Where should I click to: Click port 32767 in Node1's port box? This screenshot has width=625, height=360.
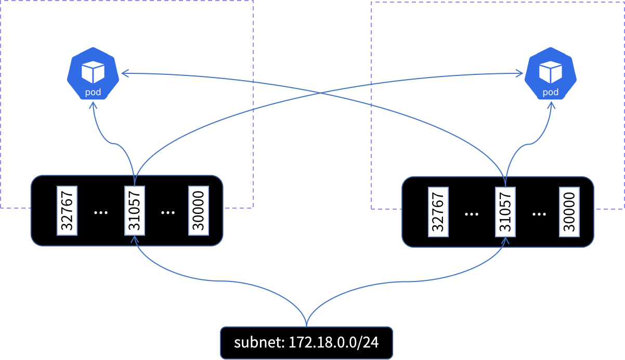coord(67,210)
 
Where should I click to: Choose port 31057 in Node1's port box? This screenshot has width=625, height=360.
coord(135,210)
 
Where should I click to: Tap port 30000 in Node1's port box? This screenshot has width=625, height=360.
coord(198,210)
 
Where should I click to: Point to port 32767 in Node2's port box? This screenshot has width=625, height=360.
coord(437,212)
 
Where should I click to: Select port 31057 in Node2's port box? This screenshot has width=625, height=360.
coord(505,212)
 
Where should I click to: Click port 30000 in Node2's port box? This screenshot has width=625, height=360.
coord(569,212)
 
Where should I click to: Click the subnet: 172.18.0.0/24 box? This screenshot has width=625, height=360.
coord(306,343)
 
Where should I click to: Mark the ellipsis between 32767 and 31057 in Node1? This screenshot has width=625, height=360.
coord(100,212)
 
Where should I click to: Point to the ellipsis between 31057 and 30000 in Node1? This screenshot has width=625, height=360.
coord(167,212)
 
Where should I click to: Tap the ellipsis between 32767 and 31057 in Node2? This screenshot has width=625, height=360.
coord(471,214)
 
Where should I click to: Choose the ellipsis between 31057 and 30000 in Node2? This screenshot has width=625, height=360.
coord(539,214)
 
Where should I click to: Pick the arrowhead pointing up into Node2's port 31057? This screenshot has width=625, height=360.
coord(505,241)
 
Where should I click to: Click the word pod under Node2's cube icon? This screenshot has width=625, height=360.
coord(550,93)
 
